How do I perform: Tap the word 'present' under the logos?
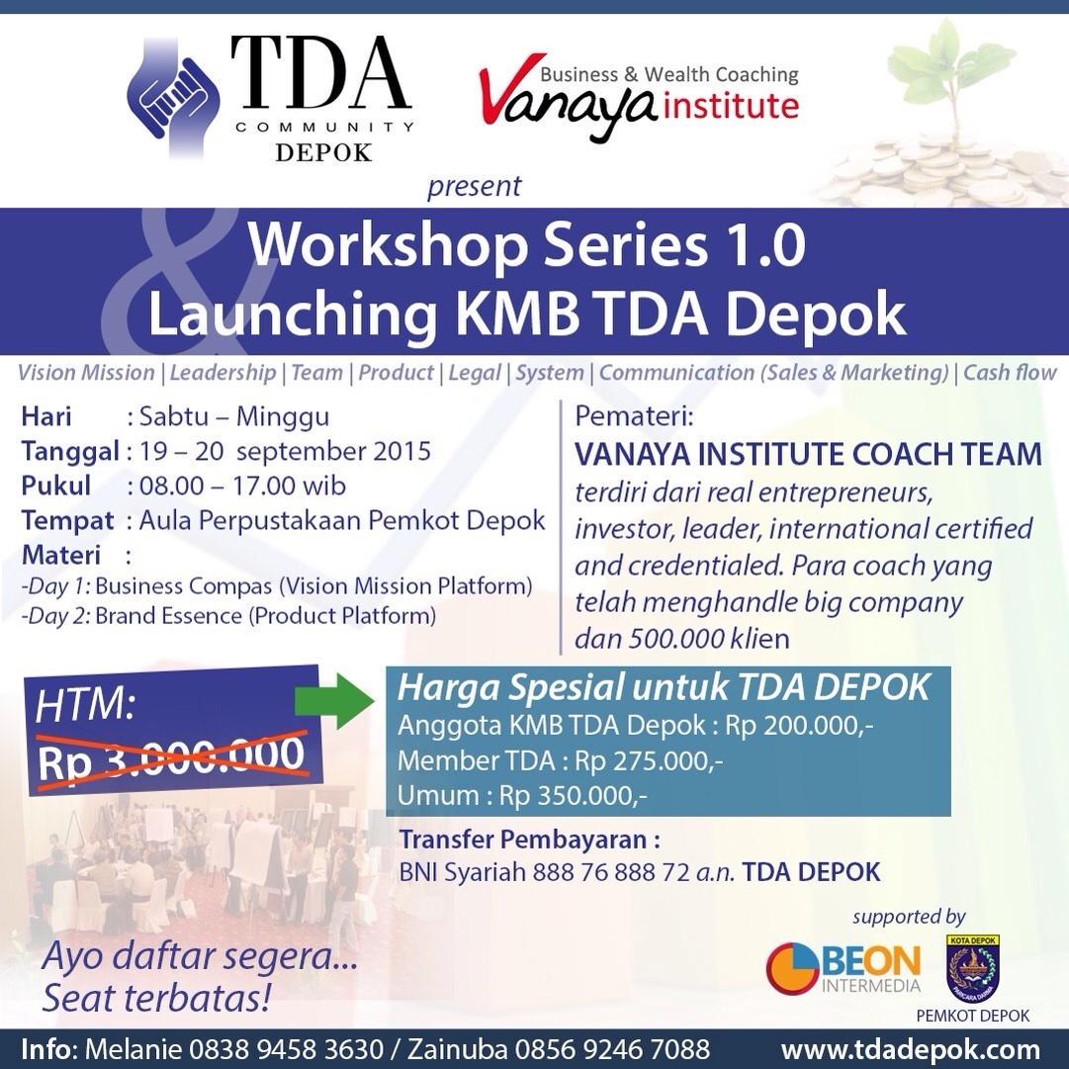pyautogui.click(x=474, y=186)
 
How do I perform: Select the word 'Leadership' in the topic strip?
pyautogui.click(x=223, y=373)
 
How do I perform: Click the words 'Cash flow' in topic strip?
pyautogui.click(x=1010, y=373)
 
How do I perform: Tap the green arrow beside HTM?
pyautogui.click(x=332, y=704)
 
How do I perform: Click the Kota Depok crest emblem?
pyautogui.click(x=973, y=968)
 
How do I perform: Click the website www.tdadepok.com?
pyautogui.click(x=911, y=1049)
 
